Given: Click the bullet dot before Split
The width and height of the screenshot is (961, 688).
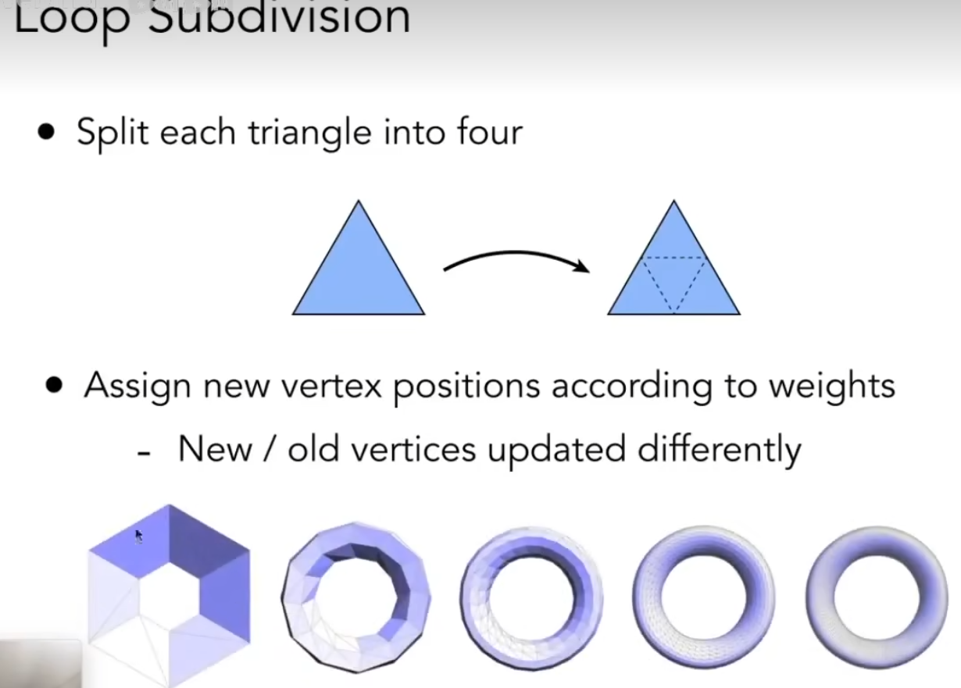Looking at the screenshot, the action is pos(48,132).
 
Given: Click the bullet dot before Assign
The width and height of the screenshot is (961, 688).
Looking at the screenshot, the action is pos(54,385).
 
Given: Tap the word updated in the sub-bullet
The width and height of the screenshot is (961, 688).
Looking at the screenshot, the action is pos(552,451).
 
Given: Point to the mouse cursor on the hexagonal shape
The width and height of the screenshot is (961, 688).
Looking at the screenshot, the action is pos(138,536).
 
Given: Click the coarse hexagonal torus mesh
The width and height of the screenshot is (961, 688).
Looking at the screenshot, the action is pos(169,594).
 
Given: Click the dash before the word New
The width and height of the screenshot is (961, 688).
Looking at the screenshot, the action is pos(143,452).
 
